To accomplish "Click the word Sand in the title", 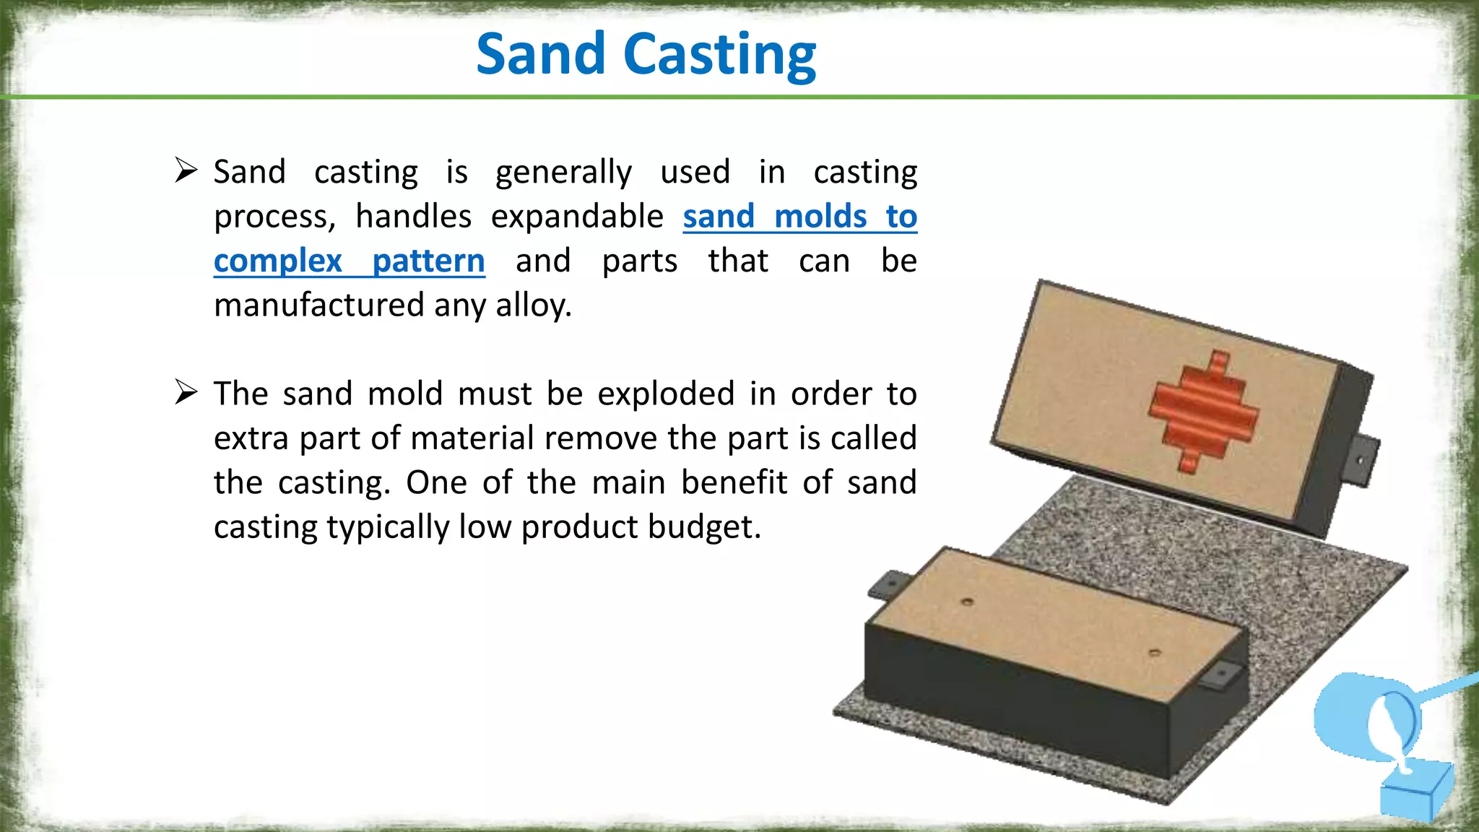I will tap(540, 54).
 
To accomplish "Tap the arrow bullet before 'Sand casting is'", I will tap(186, 171).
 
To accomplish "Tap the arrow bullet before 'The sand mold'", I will tap(186, 393).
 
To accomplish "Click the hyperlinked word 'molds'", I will tap(820, 217).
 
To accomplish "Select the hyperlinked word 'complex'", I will tap(278, 261).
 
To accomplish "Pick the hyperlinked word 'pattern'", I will tap(428, 261).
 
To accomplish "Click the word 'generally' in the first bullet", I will tap(563, 173).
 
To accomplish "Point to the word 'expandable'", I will tap(577, 217).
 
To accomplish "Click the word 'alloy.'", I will tap(534, 305).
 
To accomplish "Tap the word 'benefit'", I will tap(734, 482).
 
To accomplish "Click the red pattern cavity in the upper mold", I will tap(1203, 412).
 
